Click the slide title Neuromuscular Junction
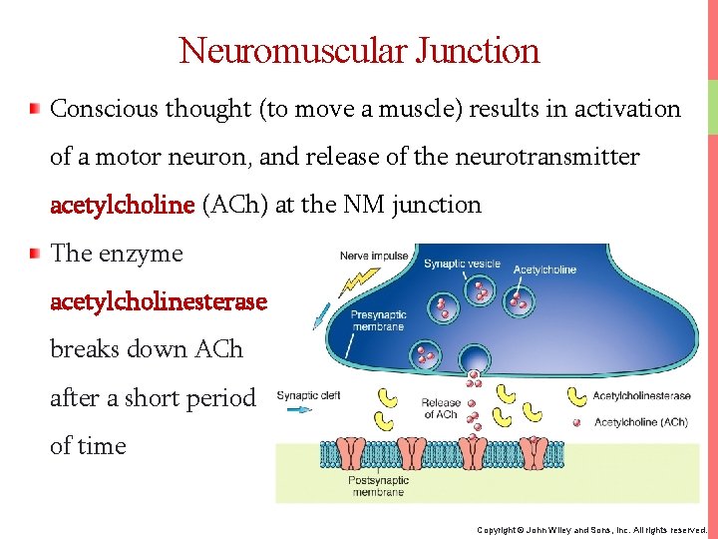pyautogui.click(x=359, y=50)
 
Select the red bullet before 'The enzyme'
pyautogui.click(x=35, y=254)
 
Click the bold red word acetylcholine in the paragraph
pyautogui.click(x=122, y=206)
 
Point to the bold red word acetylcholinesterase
pyautogui.click(x=159, y=301)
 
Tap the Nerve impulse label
pyautogui.click(x=374, y=256)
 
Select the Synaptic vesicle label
pyautogui.click(x=462, y=264)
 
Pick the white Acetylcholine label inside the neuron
pyautogui.click(x=544, y=269)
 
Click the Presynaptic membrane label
pyautogui.click(x=378, y=320)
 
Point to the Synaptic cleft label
pyautogui.click(x=308, y=395)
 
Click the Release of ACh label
pyautogui.click(x=440, y=409)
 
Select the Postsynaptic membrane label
pyautogui.click(x=378, y=486)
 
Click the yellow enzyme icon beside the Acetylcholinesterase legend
pyautogui.click(x=576, y=396)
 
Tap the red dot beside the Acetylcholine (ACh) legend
pyautogui.click(x=576, y=422)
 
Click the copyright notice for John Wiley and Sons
pyautogui.click(x=592, y=529)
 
